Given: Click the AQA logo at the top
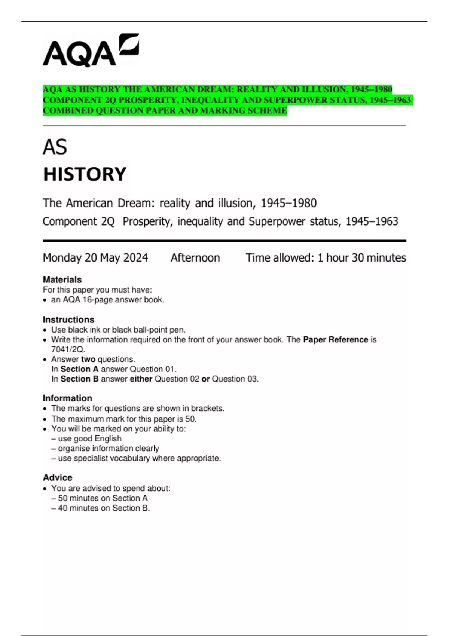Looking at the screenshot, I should (x=91, y=51).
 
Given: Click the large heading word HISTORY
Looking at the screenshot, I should (x=85, y=174).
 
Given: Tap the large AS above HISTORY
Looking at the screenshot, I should (x=55, y=147).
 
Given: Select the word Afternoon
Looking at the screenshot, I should (x=195, y=258).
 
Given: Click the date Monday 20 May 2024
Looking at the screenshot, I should (x=95, y=258).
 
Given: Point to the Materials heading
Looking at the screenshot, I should (x=62, y=279).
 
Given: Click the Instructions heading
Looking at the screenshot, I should (x=68, y=319).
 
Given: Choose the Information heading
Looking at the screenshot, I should (x=67, y=398).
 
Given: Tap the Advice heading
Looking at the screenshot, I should (x=58, y=477).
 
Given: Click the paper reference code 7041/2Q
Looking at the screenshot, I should (x=68, y=349).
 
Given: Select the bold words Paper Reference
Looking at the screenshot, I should (x=335, y=340).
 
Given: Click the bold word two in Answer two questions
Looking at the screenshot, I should (x=88, y=359).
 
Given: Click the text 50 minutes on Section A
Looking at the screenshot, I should (x=103, y=498).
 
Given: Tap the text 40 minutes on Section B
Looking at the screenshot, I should (x=104, y=508).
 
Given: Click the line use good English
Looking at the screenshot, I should (x=90, y=438).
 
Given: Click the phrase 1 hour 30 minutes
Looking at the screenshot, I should (x=362, y=258).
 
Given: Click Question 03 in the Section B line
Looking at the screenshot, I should (x=235, y=379).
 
